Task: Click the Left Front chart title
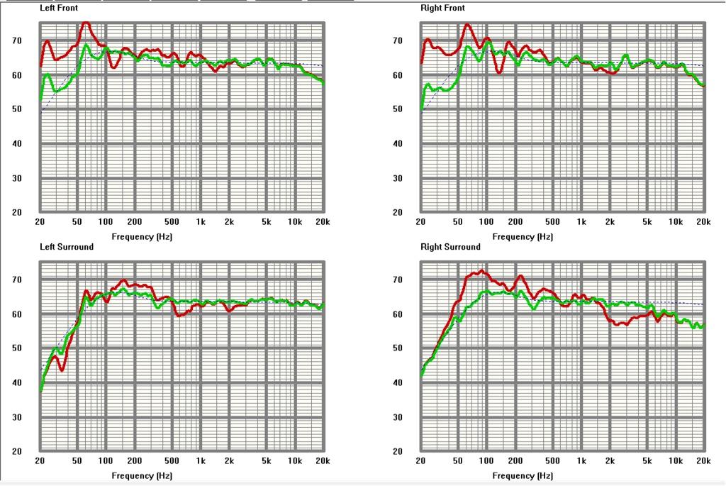(59, 8)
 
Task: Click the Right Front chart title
(442, 8)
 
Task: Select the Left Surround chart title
(67, 247)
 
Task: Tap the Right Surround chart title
(450, 247)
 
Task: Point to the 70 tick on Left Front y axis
(17, 40)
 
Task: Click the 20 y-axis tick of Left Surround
(17, 451)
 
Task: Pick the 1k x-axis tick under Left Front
(201, 222)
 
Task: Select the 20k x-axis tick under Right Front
(703, 222)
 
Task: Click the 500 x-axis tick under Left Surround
(172, 461)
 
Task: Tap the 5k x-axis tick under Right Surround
(647, 461)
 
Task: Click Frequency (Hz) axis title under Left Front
(142, 237)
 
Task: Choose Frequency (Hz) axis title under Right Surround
(523, 476)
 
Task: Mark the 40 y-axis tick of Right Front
(397, 143)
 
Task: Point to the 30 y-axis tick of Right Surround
(397, 417)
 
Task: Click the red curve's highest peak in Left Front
(85, 23)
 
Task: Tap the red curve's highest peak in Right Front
(467, 25)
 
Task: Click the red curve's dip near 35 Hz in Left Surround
(62, 370)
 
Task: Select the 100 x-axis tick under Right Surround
(486, 461)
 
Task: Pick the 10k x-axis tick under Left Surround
(295, 461)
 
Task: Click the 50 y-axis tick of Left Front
(17, 109)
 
